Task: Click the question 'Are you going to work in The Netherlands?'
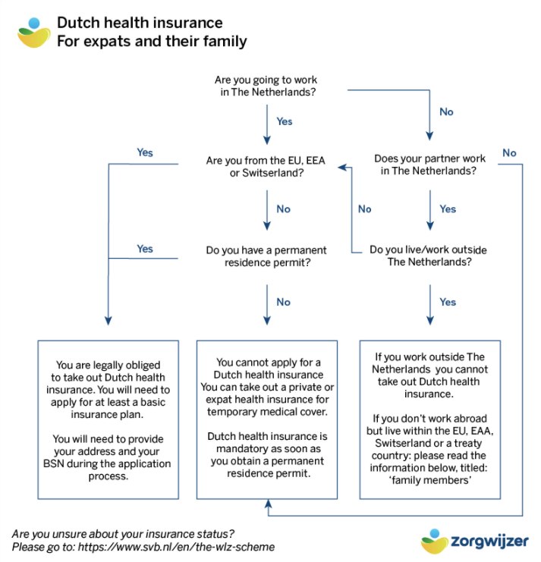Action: pyautogui.click(x=267, y=86)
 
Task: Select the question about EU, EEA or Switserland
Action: pyautogui.click(x=266, y=166)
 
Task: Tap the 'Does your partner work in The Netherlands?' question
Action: pyautogui.click(x=429, y=165)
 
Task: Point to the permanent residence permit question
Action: pyautogui.click(x=266, y=256)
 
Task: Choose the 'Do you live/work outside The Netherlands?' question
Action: pyautogui.click(x=429, y=255)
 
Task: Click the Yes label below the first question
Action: pyautogui.click(x=285, y=121)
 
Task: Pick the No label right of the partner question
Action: pyautogui.click(x=509, y=152)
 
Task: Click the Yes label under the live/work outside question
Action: pyautogui.click(x=448, y=302)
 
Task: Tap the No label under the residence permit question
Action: pyautogui.click(x=283, y=302)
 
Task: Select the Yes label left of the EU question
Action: pyautogui.click(x=145, y=152)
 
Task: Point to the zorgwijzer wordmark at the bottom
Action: pyautogui.click(x=489, y=541)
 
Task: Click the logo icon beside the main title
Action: pyautogui.click(x=34, y=33)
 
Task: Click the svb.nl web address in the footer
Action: pyautogui.click(x=176, y=547)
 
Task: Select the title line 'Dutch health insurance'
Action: pyautogui.click(x=140, y=23)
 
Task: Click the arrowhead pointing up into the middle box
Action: pyautogui.click(x=268, y=504)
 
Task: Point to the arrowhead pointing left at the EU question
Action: pyautogui.click(x=342, y=168)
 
